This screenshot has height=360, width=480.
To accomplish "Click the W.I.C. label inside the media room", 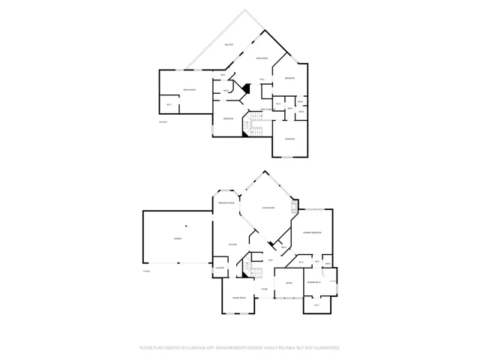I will click(x=169, y=104).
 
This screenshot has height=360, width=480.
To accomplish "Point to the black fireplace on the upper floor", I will click(x=244, y=88).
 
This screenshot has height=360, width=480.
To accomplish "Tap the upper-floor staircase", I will click(x=255, y=132).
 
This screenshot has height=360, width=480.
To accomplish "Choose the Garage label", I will click(x=178, y=238).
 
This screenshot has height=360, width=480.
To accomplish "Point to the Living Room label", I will click(x=268, y=207).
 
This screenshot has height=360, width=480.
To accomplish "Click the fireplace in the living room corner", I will click(x=295, y=204).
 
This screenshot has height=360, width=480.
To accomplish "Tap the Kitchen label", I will click(x=232, y=244).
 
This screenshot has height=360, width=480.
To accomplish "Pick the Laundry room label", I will click(x=220, y=268).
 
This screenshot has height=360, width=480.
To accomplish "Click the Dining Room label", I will click(x=239, y=298).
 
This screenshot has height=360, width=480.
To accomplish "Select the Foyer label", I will click(x=265, y=289).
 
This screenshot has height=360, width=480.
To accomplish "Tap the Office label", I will click(x=288, y=283).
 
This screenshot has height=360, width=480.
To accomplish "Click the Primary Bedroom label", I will click(x=312, y=233).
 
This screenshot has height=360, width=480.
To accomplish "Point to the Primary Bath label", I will click(x=313, y=281).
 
